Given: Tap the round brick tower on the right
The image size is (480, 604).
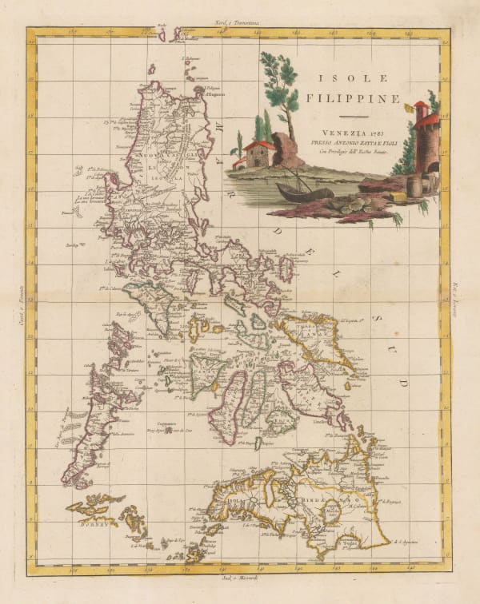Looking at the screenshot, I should click(x=426, y=144).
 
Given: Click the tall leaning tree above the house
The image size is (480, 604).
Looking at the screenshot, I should click(x=280, y=88).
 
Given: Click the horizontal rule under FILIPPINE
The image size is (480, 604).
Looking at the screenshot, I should click(x=346, y=117).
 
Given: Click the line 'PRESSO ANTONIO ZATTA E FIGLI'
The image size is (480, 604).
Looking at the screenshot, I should click(x=346, y=141).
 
